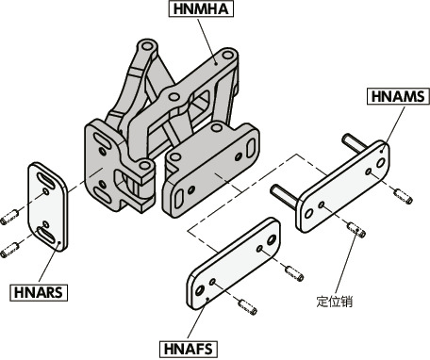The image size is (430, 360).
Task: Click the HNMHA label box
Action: [x=201, y=8]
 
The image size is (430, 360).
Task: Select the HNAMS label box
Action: [x=398, y=96]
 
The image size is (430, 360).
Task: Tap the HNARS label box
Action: [x=39, y=293]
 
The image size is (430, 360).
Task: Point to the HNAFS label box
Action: [x=189, y=349]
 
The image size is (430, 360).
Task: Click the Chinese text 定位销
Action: [x=335, y=302]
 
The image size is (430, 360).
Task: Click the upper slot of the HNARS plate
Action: [x=47, y=181]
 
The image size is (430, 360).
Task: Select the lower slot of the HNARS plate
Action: [x=46, y=235]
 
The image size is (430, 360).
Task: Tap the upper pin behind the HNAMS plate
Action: [x=356, y=143]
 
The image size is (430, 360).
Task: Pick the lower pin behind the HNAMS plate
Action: [x=284, y=196]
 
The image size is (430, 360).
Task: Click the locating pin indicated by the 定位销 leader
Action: [x=356, y=229]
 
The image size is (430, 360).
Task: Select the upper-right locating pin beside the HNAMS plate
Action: [x=404, y=196]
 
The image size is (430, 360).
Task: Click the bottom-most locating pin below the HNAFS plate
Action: [x=248, y=307]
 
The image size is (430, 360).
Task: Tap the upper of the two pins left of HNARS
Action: [x=9, y=217]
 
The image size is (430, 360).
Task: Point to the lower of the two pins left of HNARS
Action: [x=9, y=251]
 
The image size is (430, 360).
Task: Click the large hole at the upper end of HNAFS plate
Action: [x=271, y=240]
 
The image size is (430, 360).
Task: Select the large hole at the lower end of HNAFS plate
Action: [x=200, y=290]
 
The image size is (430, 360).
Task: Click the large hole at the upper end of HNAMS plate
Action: [x=381, y=163]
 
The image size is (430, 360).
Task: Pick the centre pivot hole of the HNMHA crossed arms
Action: [x=174, y=96]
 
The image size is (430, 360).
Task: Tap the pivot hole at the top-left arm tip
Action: [x=146, y=47]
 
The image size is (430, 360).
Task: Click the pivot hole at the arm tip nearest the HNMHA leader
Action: [x=227, y=56]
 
